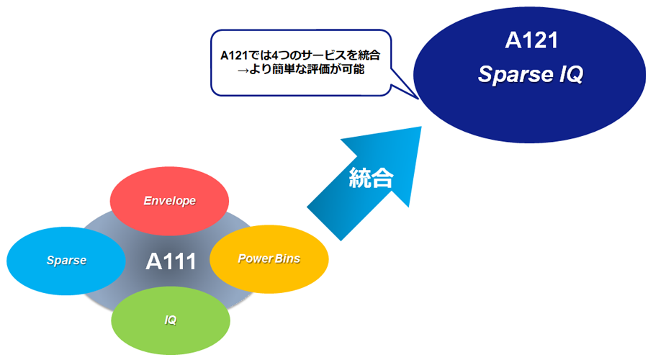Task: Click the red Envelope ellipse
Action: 169,201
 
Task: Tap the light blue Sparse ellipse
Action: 66,261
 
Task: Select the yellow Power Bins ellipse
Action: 269,259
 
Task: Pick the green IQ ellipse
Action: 171,320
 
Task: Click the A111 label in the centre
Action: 171,261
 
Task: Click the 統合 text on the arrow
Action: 371,178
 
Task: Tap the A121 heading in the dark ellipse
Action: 531,40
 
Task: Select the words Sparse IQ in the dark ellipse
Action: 531,74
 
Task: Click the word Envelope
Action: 169,201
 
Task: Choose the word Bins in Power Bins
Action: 287,258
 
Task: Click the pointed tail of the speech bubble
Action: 418,99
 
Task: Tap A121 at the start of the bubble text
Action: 234,55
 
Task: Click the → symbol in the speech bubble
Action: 243,70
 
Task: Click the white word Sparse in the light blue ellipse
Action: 66,261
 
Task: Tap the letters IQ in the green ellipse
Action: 170,320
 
